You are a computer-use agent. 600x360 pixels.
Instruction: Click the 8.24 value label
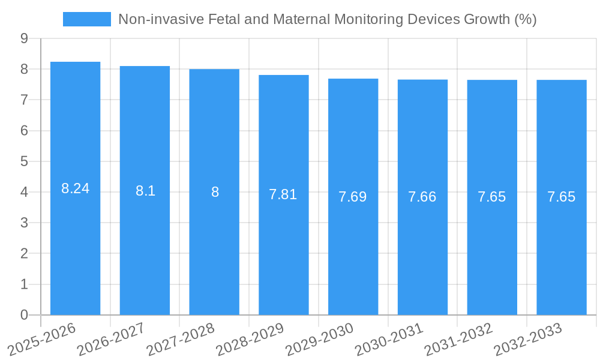point(75,188)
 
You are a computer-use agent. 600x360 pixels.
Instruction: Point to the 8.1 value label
point(145,191)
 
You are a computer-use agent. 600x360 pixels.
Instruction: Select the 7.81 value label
point(283,194)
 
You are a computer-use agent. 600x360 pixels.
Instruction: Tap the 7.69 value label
point(353,197)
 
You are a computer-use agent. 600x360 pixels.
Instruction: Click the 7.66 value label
point(422,197)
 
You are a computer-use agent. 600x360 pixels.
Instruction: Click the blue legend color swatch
point(87,19)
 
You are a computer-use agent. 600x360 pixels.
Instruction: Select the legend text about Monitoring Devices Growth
point(327,19)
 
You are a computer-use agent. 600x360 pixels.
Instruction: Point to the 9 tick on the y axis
point(24,38)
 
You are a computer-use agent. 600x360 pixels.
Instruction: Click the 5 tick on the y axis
point(24,161)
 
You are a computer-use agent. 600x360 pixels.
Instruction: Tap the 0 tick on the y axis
point(24,315)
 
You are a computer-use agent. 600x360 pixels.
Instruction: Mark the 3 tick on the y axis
point(24,223)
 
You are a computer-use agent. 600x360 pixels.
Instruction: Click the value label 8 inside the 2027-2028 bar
point(215,193)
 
